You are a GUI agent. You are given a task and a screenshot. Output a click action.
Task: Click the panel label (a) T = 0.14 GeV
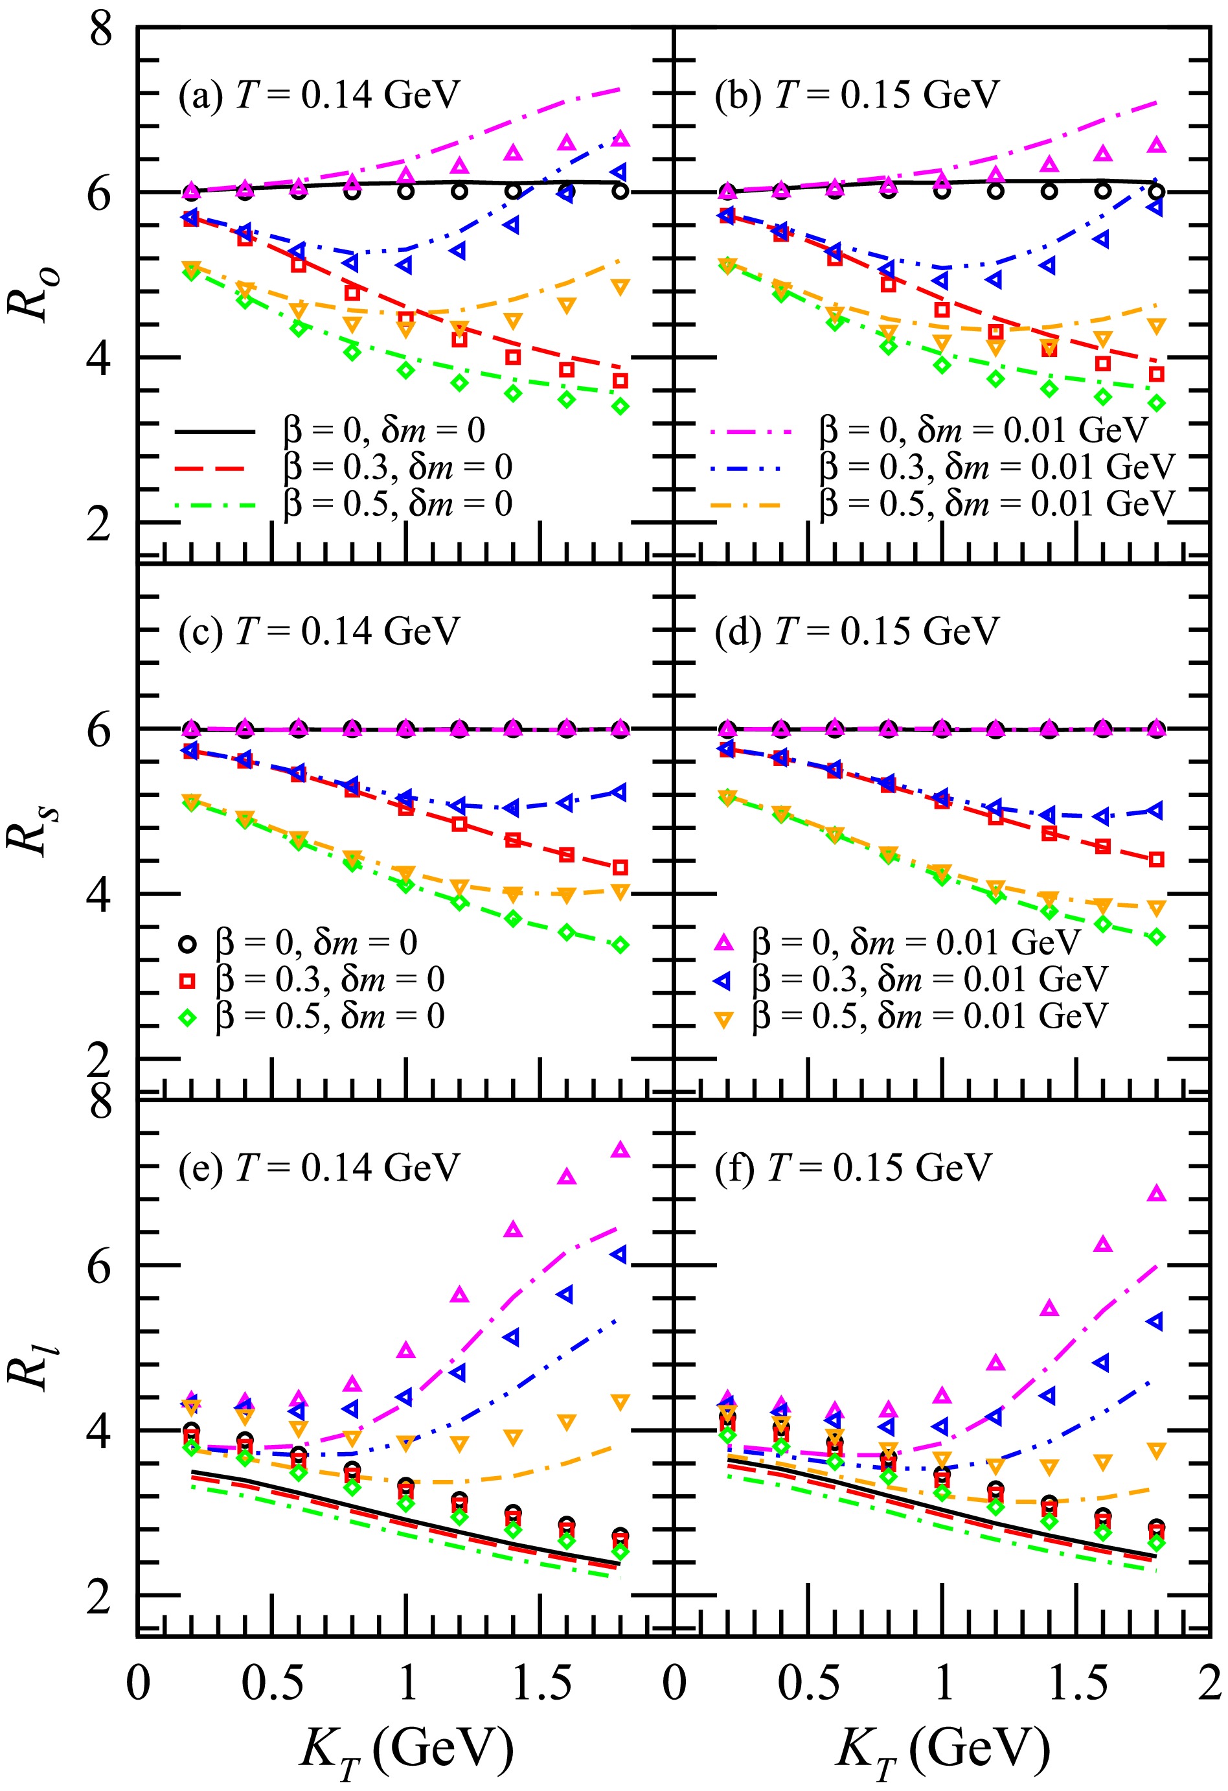point(318,95)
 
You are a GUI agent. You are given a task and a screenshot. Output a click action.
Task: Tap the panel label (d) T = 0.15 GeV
point(856,631)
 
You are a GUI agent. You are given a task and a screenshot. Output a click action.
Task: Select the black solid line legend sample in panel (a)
point(215,432)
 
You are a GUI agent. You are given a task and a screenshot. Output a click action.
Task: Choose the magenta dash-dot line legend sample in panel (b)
point(751,432)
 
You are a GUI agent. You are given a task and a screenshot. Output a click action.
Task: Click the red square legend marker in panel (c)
point(187,980)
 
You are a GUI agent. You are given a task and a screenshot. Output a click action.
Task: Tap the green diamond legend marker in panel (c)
point(187,1017)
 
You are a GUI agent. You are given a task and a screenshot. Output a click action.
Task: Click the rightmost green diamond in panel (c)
point(620,945)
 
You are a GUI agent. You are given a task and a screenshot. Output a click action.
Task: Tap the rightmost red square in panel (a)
point(620,381)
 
